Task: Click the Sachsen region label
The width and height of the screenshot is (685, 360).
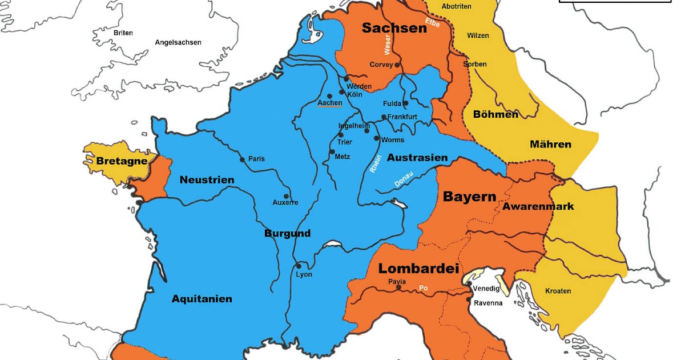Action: (x=394, y=28)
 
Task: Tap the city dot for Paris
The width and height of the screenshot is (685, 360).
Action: (x=243, y=159)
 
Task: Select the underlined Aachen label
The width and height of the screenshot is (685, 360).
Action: (x=329, y=103)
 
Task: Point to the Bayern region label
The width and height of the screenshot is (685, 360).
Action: (x=469, y=197)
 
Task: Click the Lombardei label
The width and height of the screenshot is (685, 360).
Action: (x=419, y=269)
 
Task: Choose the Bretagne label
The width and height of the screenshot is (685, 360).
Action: (x=122, y=161)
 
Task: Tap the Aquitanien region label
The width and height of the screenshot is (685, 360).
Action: (x=202, y=299)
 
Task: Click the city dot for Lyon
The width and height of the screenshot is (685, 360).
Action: (x=299, y=266)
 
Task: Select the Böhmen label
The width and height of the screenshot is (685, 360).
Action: (x=495, y=114)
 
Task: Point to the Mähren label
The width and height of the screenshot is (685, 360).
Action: (x=550, y=144)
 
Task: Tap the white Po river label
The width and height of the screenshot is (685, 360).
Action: (x=424, y=289)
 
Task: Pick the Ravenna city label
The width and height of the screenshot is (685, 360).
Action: (x=488, y=303)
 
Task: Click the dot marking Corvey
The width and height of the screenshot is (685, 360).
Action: (x=397, y=65)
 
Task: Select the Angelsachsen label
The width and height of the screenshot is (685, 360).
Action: (x=178, y=42)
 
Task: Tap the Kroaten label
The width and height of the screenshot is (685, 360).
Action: (x=558, y=291)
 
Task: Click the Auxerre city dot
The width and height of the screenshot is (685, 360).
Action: (x=286, y=196)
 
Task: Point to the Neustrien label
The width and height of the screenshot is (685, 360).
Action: (x=207, y=180)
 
